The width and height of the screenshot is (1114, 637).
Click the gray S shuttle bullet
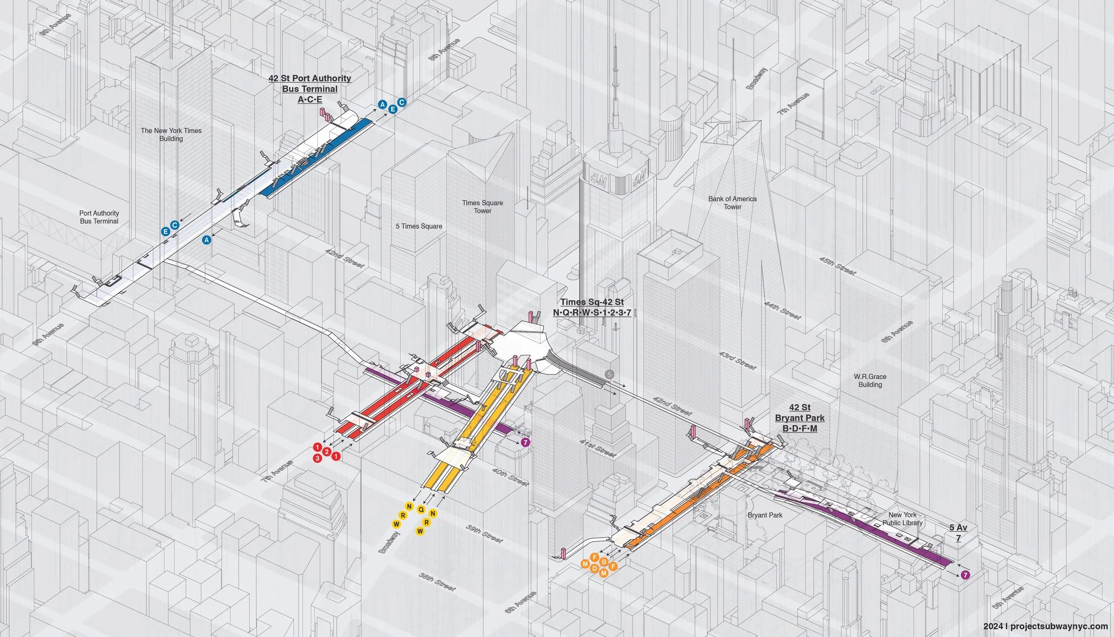[609, 375]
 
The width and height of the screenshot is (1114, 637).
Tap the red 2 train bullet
[327, 452]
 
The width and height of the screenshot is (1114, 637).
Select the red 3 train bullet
[318, 458]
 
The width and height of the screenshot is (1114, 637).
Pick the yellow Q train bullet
[421, 509]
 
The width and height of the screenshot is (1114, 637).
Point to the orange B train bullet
[604, 562]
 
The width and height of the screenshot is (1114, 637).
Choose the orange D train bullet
[594, 568]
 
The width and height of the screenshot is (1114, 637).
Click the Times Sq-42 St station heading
[592, 307]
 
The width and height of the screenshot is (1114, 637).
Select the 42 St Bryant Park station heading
[800, 418]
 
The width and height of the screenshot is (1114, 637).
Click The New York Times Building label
[171, 135]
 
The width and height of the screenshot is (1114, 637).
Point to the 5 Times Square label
[419, 226]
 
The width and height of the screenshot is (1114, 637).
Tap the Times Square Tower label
[483, 207]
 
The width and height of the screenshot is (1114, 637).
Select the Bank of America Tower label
[733, 203]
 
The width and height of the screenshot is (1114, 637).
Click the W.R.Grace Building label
[870, 380]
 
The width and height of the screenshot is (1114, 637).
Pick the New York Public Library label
[903, 519]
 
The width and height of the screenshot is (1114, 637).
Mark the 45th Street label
[837, 266]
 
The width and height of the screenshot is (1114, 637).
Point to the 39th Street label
[484, 533]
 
